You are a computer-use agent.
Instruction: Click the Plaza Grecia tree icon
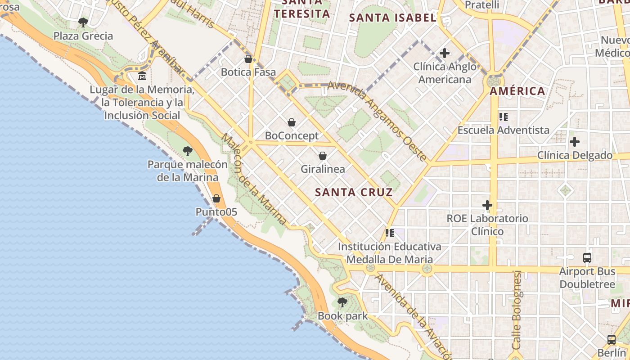click(83, 22)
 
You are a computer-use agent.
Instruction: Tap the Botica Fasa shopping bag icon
click(248, 59)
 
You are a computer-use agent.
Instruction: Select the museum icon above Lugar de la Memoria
click(142, 76)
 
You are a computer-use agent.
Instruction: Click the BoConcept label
click(292, 135)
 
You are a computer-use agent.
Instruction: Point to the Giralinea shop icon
click(322, 156)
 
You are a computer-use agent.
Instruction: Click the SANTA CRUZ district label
click(354, 193)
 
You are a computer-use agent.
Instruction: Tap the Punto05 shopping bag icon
click(216, 198)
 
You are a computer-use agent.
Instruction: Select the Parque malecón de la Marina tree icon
click(188, 151)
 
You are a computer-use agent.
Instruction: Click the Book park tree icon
click(342, 302)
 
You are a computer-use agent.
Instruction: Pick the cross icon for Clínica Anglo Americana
click(445, 53)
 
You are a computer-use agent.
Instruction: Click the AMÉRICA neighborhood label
click(517, 91)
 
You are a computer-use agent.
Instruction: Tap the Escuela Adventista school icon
click(504, 117)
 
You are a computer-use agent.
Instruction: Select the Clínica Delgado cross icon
click(575, 142)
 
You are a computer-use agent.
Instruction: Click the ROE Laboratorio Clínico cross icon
click(487, 206)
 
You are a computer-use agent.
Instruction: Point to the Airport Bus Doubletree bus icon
click(587, 258)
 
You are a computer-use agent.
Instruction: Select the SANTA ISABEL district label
click(393, 18)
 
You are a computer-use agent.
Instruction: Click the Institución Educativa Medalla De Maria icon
click(390, 233)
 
